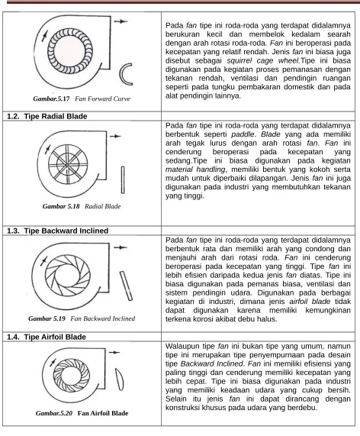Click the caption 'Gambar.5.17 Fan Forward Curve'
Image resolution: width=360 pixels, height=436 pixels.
coord(82,99)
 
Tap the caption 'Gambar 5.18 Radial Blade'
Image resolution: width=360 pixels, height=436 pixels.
coord(82,206)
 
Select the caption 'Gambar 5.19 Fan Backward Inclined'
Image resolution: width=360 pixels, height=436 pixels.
coord(82,318)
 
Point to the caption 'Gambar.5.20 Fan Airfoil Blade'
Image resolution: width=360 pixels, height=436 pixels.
coord(82,413)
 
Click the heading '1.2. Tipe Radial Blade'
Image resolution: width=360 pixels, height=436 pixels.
coord(47,116)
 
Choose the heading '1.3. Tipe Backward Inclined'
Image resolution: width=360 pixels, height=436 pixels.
coord(57,231)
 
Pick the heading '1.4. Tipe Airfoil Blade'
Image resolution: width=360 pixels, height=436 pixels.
coord(47,337)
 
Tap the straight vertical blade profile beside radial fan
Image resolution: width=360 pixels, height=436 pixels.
coord(123,180)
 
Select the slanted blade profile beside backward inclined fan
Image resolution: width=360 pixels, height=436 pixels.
coord(126,286)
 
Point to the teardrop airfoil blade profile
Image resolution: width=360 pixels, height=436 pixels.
coord(120,379)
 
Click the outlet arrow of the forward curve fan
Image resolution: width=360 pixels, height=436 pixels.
coord(121,21)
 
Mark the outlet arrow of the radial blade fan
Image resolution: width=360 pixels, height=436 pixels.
coord(116,136)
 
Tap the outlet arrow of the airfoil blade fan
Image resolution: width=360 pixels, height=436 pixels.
coord(114,353)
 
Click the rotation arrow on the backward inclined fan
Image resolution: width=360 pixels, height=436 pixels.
coord(43,261)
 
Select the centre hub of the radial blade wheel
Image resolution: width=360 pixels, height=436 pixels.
coord(67,165)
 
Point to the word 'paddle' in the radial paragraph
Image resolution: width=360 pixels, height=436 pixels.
coord(243,134)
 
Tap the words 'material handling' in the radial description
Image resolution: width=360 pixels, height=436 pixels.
coord(195,170)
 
